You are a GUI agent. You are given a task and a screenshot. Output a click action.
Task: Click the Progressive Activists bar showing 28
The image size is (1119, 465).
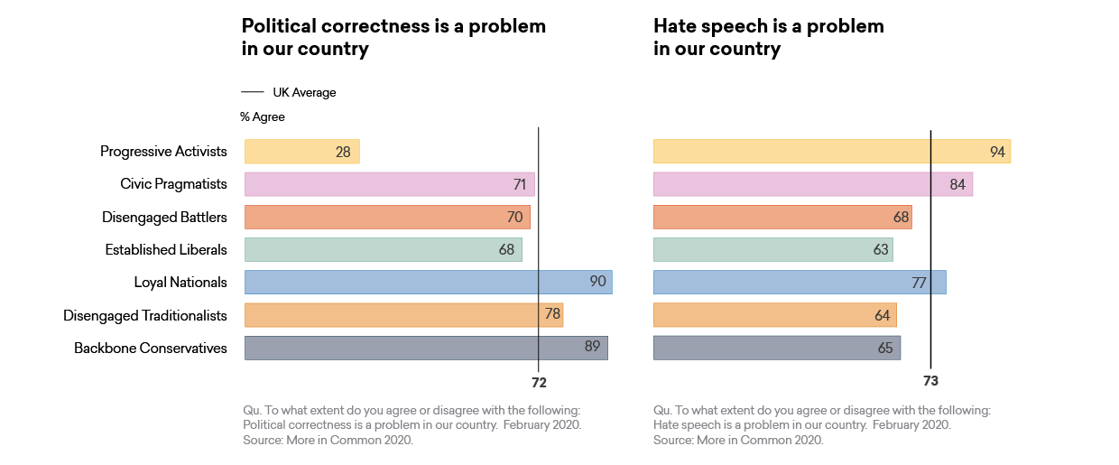[x=301, y=152]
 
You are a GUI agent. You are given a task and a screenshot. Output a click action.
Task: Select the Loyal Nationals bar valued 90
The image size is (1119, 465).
[x=428, y=283]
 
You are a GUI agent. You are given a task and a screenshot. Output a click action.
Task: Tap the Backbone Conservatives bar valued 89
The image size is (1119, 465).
[x=425, y=348]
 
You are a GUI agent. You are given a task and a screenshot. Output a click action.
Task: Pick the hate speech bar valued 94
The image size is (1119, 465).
[x=831, y=152]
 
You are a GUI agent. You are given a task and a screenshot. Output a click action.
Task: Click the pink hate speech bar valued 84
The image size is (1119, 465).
[x=812, y=184]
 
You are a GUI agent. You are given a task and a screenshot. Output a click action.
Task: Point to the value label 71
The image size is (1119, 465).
[x=519, y=185]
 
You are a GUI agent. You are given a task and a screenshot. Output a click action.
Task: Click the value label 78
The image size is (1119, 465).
[x=552, y=314]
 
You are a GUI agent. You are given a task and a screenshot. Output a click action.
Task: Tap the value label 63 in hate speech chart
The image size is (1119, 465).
[x=881, y=250]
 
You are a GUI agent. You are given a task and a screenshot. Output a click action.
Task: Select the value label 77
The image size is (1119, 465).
[x=919, y=284]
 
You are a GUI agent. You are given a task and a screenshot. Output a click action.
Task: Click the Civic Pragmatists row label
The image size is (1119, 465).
[x=173, y=184]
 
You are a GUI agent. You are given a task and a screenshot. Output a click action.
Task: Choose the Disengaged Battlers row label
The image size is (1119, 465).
[x=164, y=217]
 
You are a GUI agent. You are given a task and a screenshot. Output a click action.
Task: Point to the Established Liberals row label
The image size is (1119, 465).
[x=166, y=249]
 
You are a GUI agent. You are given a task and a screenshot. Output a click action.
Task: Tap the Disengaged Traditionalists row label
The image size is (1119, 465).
[x=145, y=315]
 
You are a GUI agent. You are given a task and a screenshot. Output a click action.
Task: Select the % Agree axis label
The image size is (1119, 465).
[x=263, y=117]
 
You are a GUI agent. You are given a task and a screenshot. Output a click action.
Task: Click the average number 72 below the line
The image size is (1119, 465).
[x=539, y=383]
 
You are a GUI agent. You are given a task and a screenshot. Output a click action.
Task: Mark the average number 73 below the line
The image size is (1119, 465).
[x=930, y=381]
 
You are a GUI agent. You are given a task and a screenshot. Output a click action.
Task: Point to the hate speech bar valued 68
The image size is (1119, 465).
[x=781, y=218]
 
